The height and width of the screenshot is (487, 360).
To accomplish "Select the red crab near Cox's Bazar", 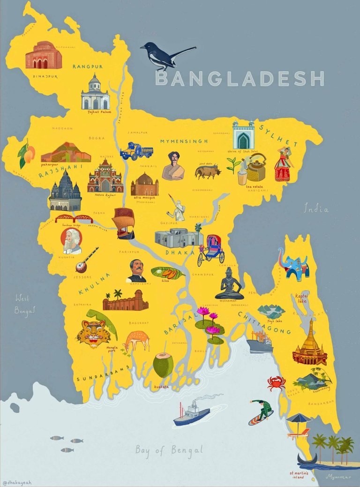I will click(276, 383).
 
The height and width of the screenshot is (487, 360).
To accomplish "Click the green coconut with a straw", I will click(163, 365).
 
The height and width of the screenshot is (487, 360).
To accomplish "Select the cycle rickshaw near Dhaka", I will click(212, 248).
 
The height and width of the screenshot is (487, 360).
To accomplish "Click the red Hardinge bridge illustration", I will click(74, 219).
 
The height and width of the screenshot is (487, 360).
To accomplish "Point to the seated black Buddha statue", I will click(229, 285).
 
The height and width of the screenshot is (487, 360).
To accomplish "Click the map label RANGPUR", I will click(88, 67).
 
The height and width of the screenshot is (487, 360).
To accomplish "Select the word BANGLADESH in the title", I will click(240, 78).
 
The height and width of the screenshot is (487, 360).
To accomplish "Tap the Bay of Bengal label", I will click(169, 450).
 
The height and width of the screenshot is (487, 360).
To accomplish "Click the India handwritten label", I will click(316, 208).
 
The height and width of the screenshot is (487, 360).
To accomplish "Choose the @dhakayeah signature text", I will click(17, 481).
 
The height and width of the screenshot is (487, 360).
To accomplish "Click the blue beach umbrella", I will click(299, 418).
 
